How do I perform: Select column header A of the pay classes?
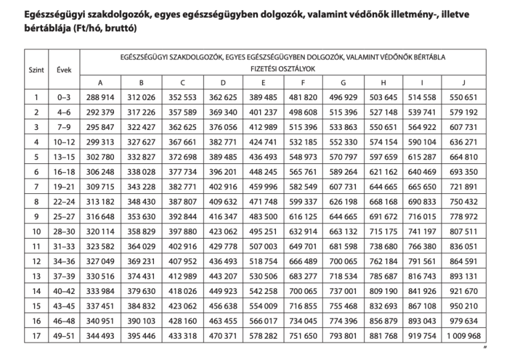point(101,82)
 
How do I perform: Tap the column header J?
point(464,82)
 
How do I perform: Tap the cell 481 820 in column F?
point(304,97)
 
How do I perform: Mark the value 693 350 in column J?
point(464,171)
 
